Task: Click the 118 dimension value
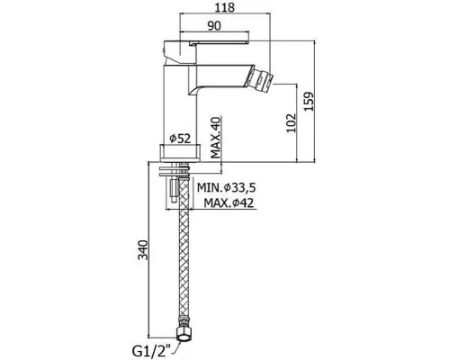225,7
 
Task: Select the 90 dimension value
214,26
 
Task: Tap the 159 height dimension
309,101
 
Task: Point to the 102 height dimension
291,122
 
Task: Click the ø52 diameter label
180,139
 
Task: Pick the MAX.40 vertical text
215,138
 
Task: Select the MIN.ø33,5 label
226,188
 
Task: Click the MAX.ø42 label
229,203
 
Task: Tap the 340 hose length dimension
143,250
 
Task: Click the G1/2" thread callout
151,351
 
